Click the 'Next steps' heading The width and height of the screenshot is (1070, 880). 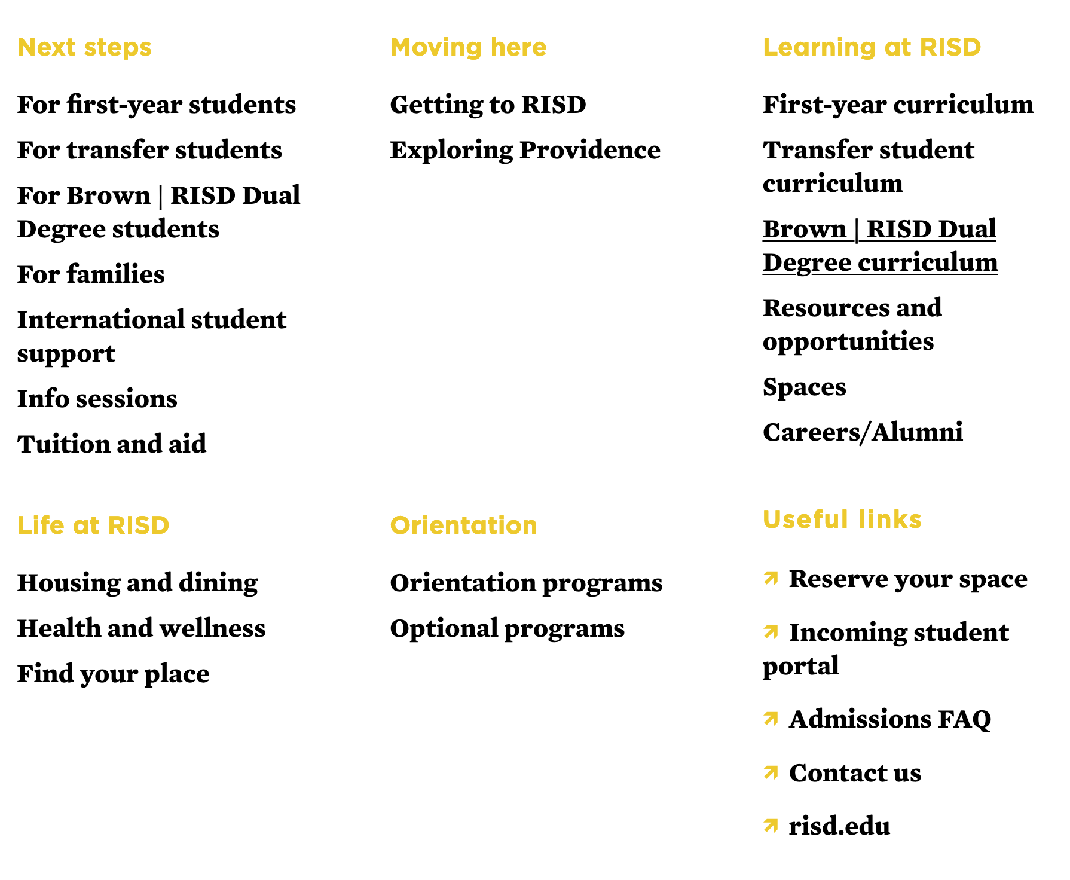point(84,47)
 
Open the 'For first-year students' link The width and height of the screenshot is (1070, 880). point(156,105)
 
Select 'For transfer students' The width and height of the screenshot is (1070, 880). point(149,150)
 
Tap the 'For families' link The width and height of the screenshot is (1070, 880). point(91,274)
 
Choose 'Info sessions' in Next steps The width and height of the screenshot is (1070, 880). point(97,399)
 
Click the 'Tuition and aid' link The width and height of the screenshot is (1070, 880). point(112,444)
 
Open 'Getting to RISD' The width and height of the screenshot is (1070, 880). point(488,105)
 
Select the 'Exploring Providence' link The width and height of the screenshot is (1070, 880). point(525,150)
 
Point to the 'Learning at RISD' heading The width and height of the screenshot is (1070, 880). point(872,47)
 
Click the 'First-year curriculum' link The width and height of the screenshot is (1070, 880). point(898,105)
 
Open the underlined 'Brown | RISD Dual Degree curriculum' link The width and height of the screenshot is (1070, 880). point(880,246)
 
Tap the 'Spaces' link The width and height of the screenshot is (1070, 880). point(804,387)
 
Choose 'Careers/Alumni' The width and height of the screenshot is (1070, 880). point(863,432)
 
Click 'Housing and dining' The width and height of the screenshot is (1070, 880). point(137,583)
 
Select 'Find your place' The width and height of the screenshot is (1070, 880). point(113,674)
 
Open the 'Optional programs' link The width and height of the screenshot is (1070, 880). point(507,628)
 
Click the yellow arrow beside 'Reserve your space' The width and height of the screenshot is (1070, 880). point(771,578)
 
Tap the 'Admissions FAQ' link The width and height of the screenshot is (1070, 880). point(889,719)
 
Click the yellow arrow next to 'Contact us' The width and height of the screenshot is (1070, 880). point(771,772)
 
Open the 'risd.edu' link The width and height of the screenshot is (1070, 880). point(839,826)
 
